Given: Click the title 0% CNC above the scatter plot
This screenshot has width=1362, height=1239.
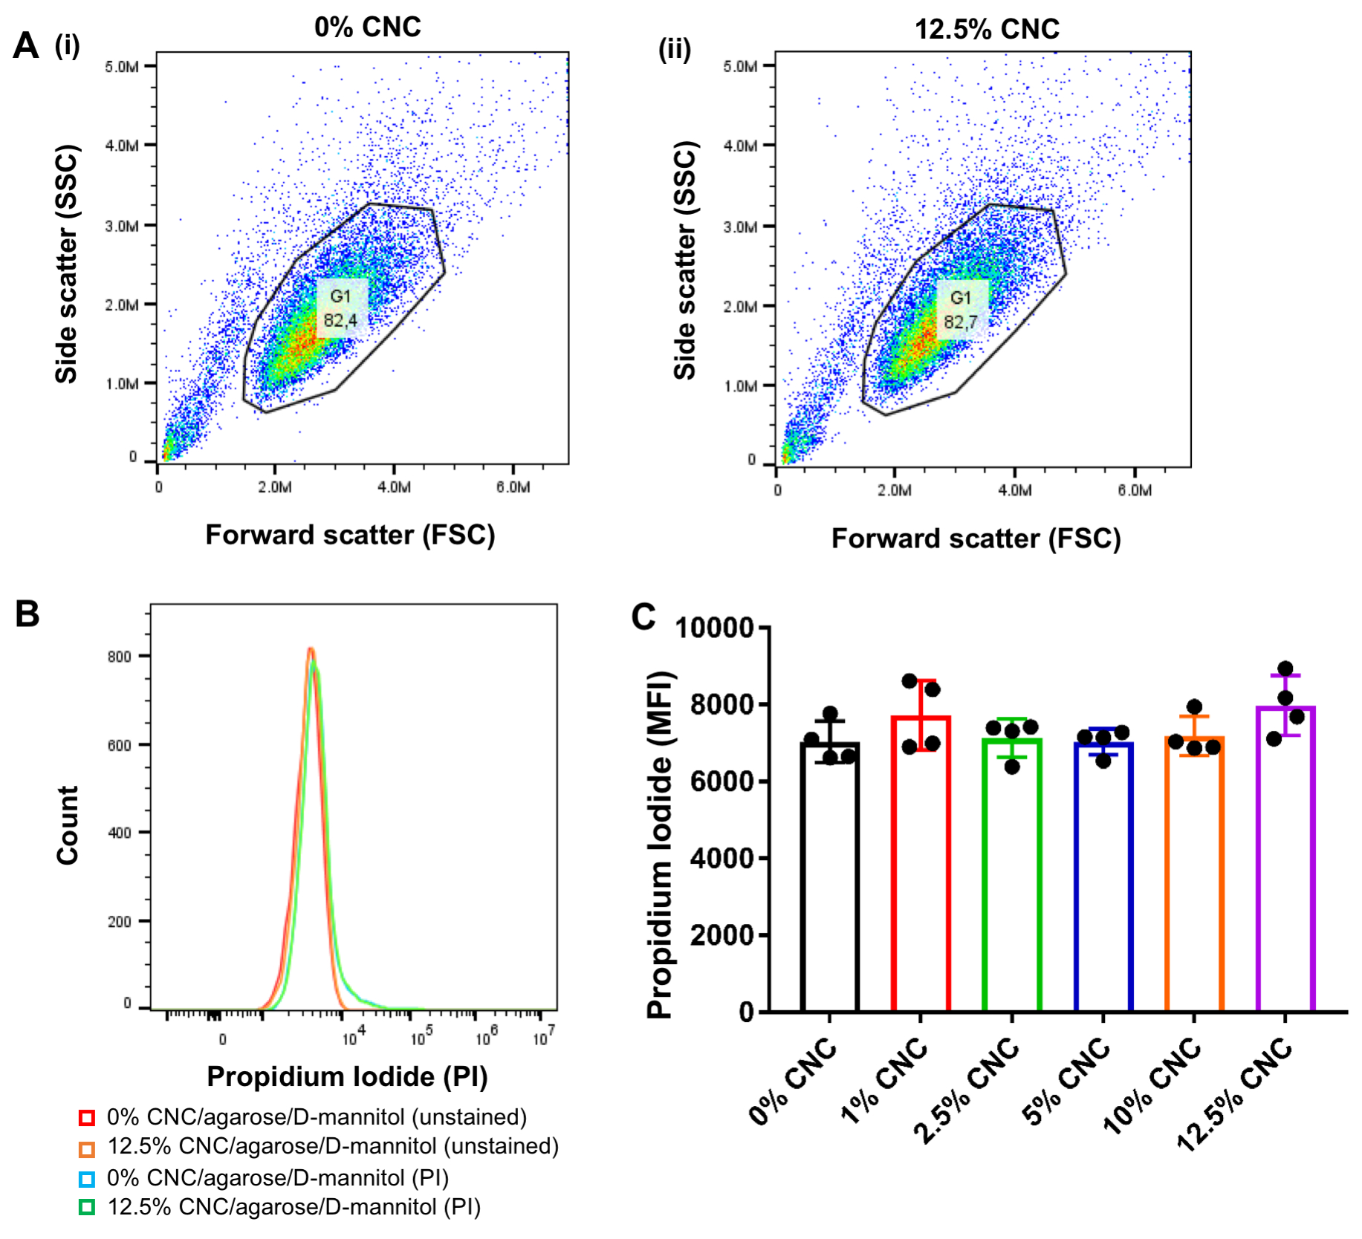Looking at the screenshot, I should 367,27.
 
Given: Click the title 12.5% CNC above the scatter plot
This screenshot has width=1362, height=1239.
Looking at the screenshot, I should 986,30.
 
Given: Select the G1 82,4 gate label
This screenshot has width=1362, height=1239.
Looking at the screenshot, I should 340,308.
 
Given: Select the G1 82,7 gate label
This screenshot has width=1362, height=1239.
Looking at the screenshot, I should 961,310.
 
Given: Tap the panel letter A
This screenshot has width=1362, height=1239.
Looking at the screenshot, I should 26,45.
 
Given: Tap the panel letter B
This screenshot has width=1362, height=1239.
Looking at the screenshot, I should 27,614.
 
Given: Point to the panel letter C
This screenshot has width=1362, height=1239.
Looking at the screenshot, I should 643,617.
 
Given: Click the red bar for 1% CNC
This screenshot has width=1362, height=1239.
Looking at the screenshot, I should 921,862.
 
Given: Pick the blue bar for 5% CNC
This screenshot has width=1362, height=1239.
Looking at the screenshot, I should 1103,877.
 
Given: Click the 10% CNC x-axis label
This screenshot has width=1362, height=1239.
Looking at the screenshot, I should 1152,1084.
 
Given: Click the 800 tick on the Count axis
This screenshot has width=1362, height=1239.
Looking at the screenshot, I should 120,657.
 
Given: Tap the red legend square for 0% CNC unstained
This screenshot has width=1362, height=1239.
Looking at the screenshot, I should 87,1117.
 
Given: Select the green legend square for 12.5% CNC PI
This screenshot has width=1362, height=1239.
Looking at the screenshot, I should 87,1207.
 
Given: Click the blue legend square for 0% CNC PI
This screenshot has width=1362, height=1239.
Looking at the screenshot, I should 87,1178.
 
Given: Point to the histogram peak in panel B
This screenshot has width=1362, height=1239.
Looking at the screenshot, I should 311,651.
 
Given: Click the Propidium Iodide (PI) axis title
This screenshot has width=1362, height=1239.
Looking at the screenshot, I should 347,1076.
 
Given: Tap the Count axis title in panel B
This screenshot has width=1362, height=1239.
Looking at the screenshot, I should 68,825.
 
